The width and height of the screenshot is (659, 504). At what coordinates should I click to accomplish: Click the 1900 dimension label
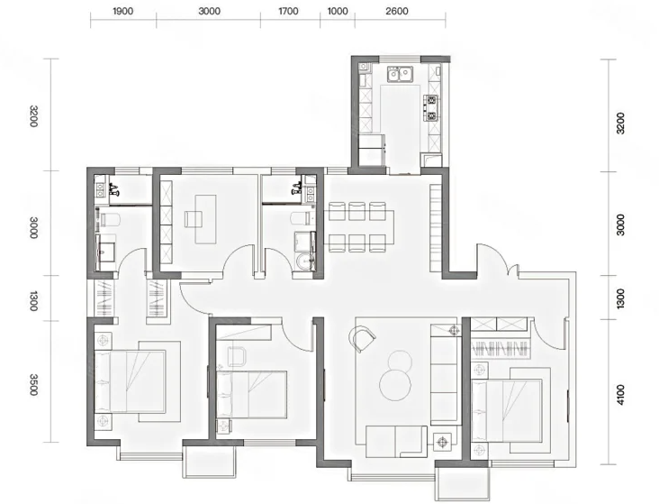[x=122, y=11]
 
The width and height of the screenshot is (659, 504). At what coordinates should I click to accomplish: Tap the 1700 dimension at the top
[x=288, y=11]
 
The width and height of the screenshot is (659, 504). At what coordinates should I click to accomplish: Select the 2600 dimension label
[x=397, y=11]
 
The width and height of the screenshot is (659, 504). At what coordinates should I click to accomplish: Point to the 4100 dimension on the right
[x=620, y=395]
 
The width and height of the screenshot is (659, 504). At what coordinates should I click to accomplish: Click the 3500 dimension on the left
[x=34, y=385]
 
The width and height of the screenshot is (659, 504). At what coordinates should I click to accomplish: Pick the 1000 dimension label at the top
[x=338, y=11]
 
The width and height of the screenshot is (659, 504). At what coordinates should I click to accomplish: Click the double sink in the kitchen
[x=399, y=74]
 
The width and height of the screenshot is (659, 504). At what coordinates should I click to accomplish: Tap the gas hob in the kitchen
[x=431, y=108]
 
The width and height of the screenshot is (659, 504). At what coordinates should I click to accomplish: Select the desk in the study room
[x=205, y=219]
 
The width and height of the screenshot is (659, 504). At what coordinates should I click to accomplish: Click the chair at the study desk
[x=193, y=219]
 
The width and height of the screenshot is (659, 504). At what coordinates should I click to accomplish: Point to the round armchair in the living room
[x=362, y=338]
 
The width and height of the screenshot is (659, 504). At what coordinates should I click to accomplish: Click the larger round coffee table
[x=395, y=385]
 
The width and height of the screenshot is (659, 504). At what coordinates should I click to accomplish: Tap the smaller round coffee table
[x=400, y=361]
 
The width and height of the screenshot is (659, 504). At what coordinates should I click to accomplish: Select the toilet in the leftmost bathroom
[x=110, y=219]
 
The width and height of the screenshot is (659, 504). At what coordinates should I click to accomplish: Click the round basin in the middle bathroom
[x=302, y=261]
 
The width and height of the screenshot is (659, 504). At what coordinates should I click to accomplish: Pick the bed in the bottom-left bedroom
[x=130, y=381]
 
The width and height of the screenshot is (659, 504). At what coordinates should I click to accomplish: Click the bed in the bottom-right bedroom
[x=507, y=411]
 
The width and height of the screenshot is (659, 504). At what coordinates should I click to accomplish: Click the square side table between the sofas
[x=442, y=442]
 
